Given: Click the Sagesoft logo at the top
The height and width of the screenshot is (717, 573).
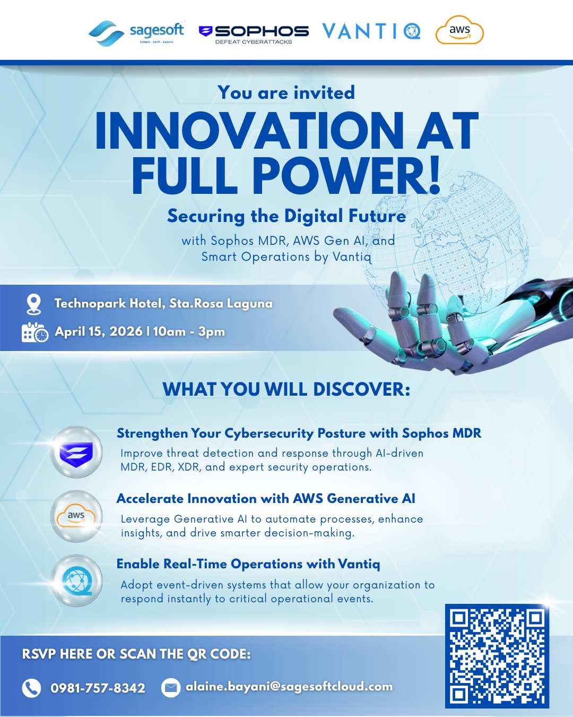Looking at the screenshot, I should [x=136, y=32].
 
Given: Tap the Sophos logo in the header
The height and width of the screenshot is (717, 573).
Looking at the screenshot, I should [x=254, y=33].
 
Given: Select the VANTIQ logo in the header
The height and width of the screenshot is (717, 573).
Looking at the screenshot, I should [x=371, y=31].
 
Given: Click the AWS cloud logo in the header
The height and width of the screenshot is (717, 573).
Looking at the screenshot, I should [x=459, y=31].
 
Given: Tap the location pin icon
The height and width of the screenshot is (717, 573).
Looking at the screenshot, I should [x=33, y=304].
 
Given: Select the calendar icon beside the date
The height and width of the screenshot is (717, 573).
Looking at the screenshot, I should [x=34, y=332].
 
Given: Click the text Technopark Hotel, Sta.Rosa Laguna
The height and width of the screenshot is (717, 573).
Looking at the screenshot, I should [x=163, y=303].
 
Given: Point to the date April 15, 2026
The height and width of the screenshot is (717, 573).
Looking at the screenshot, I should [x=99, y=331].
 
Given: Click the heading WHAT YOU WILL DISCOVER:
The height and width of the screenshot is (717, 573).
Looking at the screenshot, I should [x=286, y=389].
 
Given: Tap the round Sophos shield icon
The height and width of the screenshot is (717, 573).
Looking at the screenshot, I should [x=76, y=453].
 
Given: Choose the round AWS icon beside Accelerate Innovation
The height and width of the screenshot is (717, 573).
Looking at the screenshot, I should [x=76, y=516].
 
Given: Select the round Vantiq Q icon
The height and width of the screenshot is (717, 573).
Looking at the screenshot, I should [x=76, y=581].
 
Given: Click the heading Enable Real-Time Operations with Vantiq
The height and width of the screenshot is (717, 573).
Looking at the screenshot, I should [x=248, y=564].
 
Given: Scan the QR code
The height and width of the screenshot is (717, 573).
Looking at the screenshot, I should [x=497, y=656].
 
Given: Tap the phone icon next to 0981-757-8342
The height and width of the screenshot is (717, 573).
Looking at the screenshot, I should [x=31, y=688].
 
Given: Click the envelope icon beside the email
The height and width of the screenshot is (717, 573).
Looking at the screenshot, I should [x=170, y=688].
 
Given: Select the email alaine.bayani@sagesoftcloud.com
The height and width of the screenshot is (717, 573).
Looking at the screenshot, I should [x=289, y=687].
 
